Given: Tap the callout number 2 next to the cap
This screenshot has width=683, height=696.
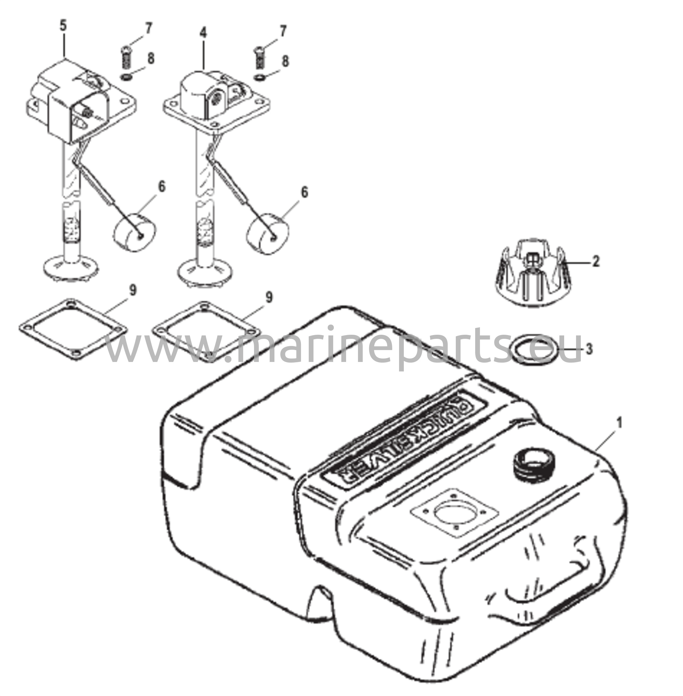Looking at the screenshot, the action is click(x=595, y=262).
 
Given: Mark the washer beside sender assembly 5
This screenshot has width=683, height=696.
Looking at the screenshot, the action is click(x=126, y=77).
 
